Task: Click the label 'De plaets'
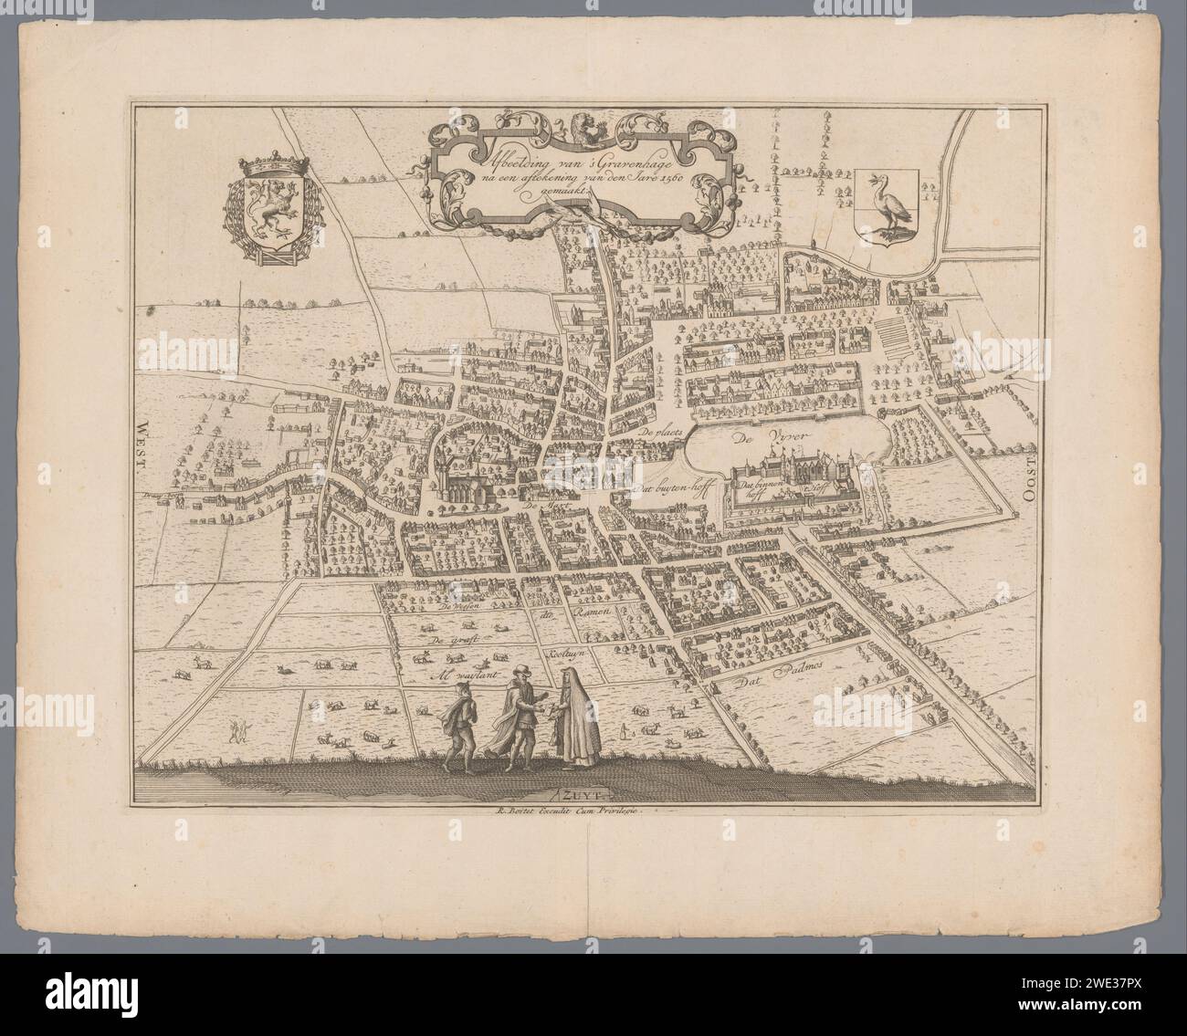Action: [662, 432]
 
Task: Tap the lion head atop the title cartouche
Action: [581, 126]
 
